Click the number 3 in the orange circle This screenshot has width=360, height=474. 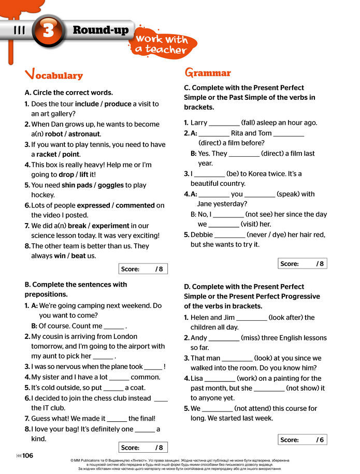pos(49,31)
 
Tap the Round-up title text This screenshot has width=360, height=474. pos(100,30)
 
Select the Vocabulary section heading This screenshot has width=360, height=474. pos(54,75)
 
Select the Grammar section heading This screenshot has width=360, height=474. pos(208,73)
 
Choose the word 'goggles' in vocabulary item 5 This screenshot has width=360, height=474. pos(111,185)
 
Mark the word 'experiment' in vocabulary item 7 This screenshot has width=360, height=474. pos(106,225)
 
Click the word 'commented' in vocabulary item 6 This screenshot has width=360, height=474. pos(135,205)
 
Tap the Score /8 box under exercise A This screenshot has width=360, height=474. pos(143,269)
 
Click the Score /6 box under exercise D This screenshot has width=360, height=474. pos(303,440)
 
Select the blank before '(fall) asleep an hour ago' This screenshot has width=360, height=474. pos(224,124)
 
